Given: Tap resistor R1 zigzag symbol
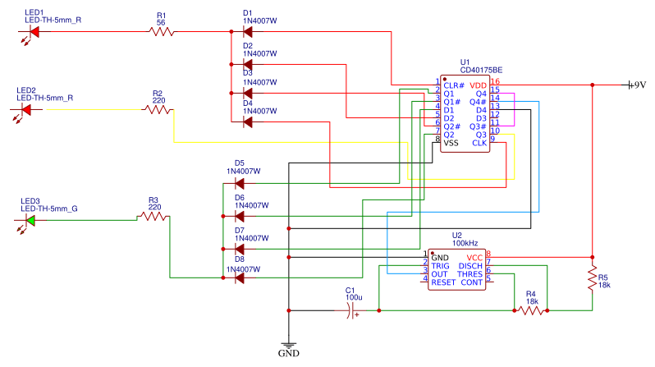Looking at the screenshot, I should point(162,32).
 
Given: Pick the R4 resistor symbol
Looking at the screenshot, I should point(531,311).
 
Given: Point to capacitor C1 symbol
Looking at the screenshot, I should point(352,311).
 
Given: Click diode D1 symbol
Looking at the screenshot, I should point(247,32).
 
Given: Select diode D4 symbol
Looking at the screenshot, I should point(247,122).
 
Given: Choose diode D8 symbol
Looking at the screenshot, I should point(239,278).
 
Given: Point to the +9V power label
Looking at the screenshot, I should point(636,85).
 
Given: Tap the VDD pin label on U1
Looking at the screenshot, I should point(478,85).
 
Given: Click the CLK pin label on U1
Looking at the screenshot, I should point(479,143).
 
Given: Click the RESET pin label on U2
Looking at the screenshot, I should point(443,282).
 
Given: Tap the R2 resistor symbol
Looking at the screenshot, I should point(157,109).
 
